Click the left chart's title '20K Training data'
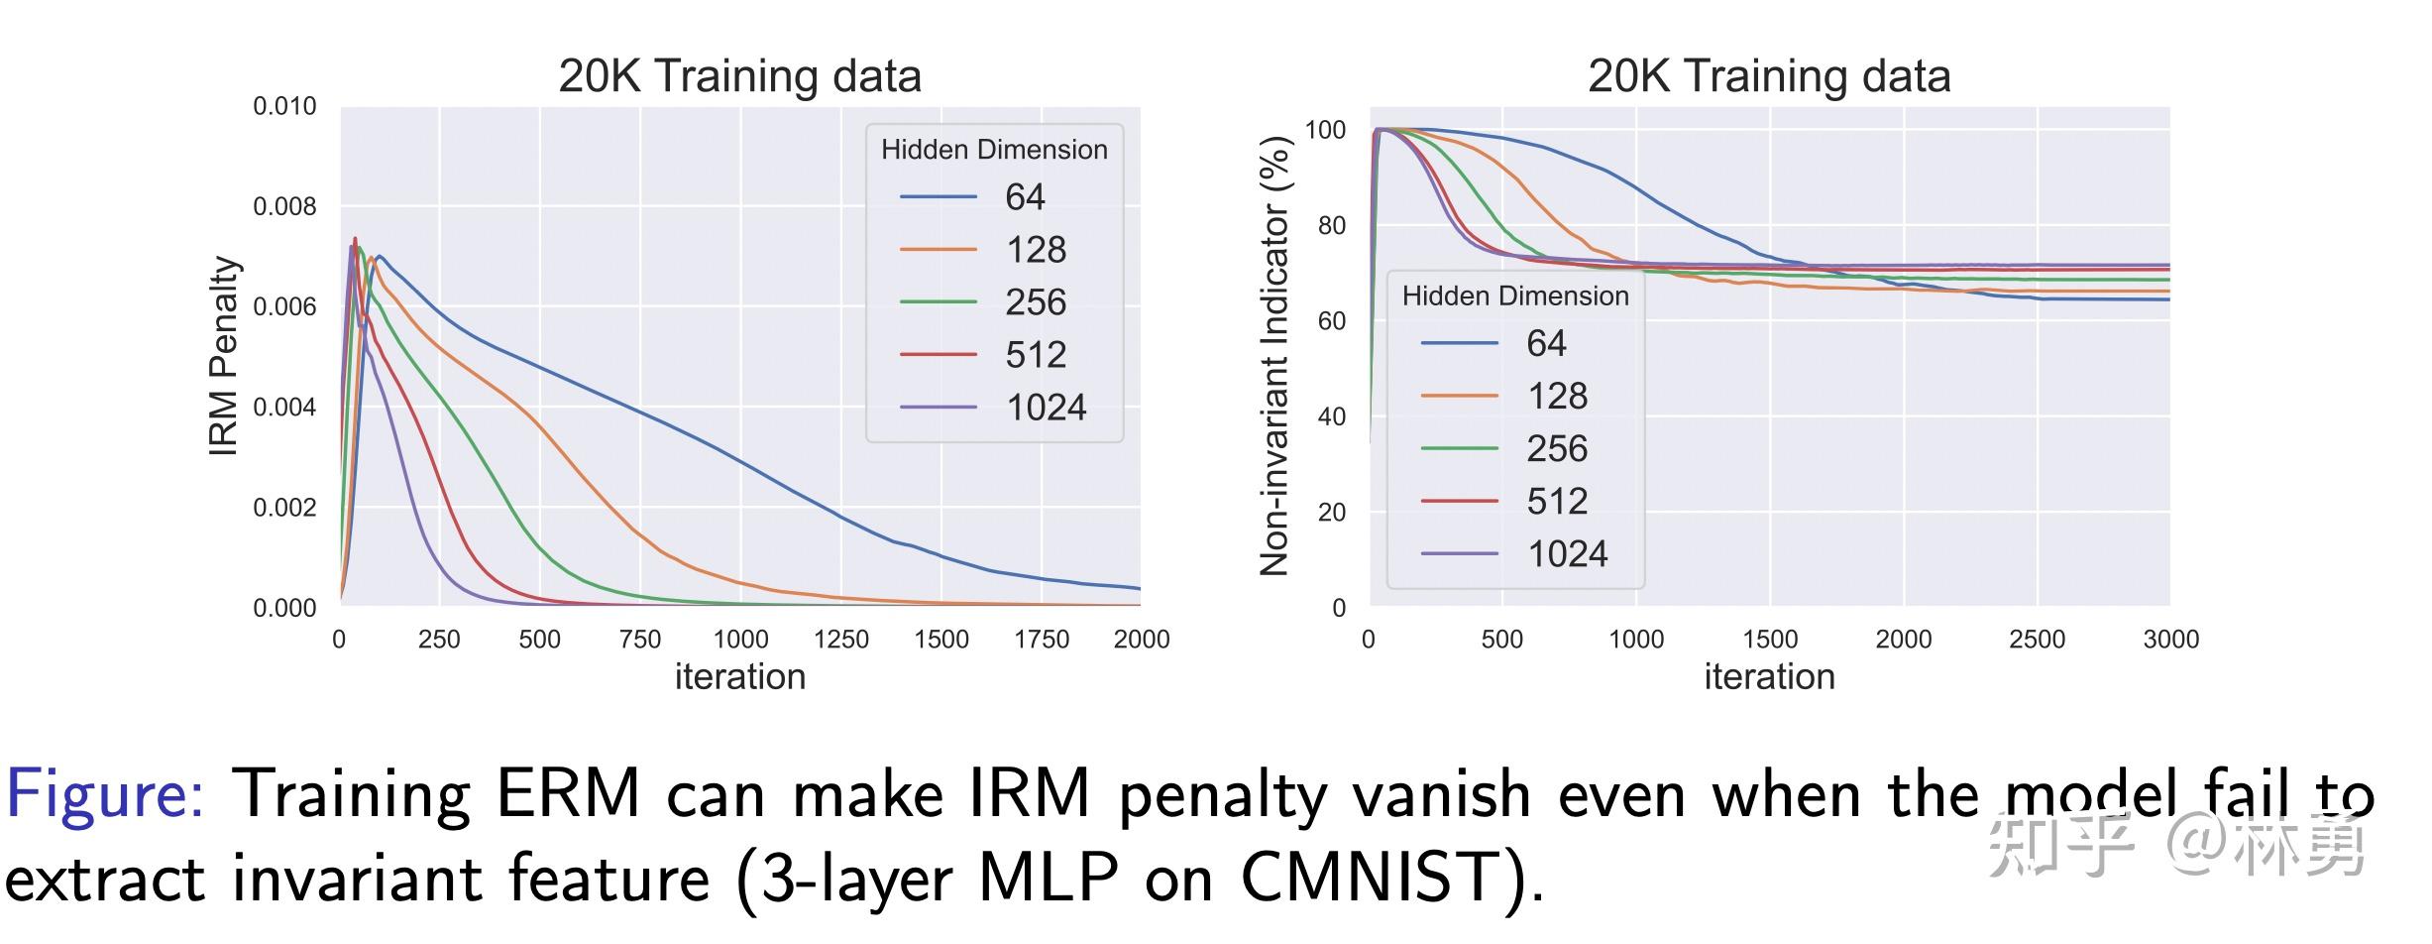[739, 76]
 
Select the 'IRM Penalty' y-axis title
[225, 356]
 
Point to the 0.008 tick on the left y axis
[284, 206]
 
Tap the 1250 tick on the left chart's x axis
[840, 640]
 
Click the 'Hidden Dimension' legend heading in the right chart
[1514, 295]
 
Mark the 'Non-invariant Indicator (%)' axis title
[1274, 356]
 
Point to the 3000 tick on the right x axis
[2170, 640]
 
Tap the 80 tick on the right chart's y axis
[1331, 225]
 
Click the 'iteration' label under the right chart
[1769, 677]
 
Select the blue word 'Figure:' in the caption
[104, 793]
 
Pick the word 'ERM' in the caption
[568, 793]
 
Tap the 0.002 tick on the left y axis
[284, 508]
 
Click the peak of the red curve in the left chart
[355, 239]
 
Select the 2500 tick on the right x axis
[2037, 640]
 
